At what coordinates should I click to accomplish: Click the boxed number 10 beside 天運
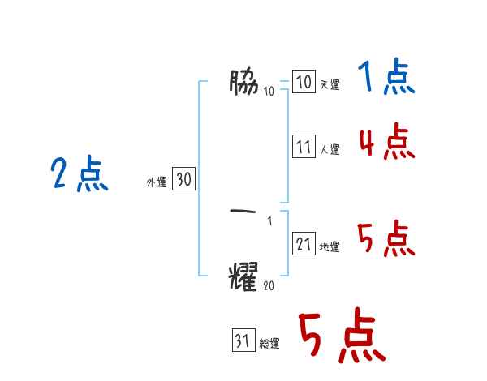(x=304, y=83)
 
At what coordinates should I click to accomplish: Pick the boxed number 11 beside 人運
(x=304, y=148)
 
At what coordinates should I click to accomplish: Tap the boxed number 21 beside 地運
(x=304, y=245)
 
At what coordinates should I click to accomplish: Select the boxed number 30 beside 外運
(x=183, y=180)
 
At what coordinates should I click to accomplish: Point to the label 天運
(x=330, y=85)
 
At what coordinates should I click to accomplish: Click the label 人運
(x=330, y=150)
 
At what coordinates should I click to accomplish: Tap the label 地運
(x=330, y=247)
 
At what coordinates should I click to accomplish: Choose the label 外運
(x=157, y=182)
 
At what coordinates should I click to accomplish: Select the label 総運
(x=269, y=344)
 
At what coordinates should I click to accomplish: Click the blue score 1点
(x=386, y=79)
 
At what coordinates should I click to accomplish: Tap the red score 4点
(x=386, y=143)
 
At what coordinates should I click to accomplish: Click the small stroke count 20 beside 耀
(x=269, y=285)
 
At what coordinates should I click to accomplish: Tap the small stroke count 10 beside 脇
(x=269, y=90)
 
